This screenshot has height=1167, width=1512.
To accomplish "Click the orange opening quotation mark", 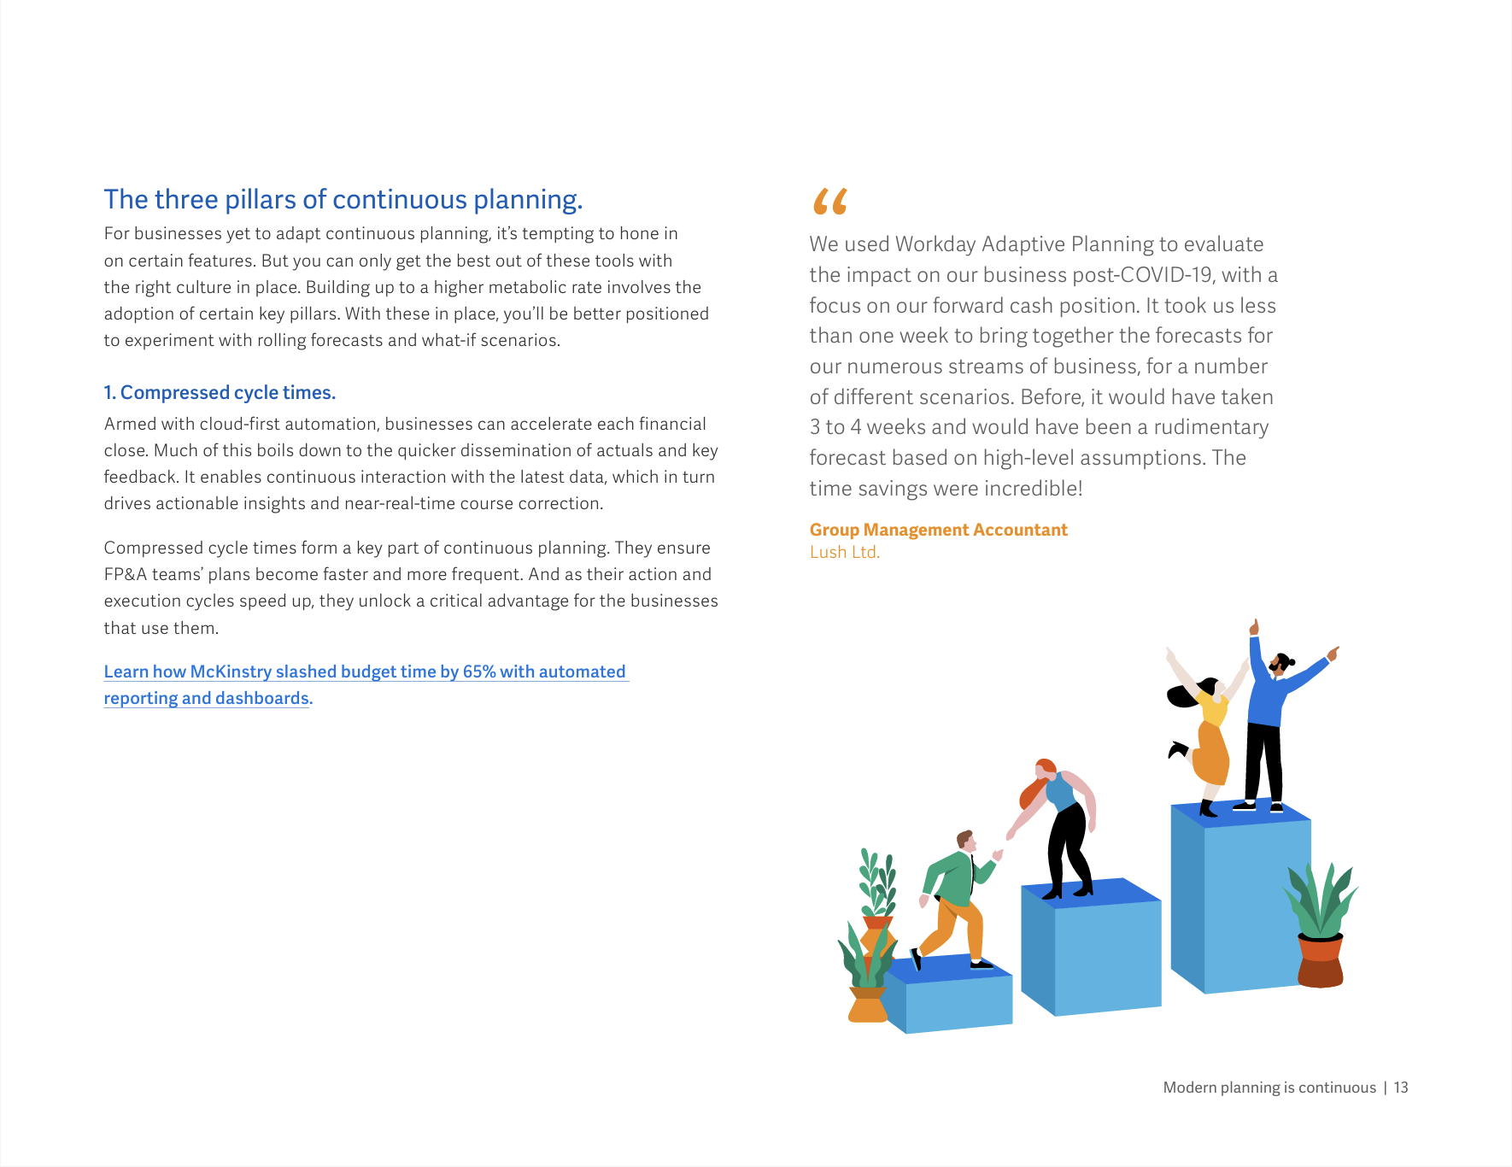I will click(829, 202).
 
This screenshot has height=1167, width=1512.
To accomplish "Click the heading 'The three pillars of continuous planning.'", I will click(343, 200).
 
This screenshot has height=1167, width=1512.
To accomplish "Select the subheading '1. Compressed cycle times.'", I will click(220, 393).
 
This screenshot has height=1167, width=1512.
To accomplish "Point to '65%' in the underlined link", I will click(479, 671).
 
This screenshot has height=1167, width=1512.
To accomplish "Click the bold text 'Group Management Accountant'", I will click(938, 530).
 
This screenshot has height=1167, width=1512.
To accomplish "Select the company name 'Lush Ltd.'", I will click(844, 552).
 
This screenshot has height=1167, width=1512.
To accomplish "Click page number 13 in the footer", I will click(1401, 1088).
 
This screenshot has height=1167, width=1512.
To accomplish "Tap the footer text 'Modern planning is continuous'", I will click(1269, 1088).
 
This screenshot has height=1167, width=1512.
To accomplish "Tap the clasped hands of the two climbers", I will click(998, 854).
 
